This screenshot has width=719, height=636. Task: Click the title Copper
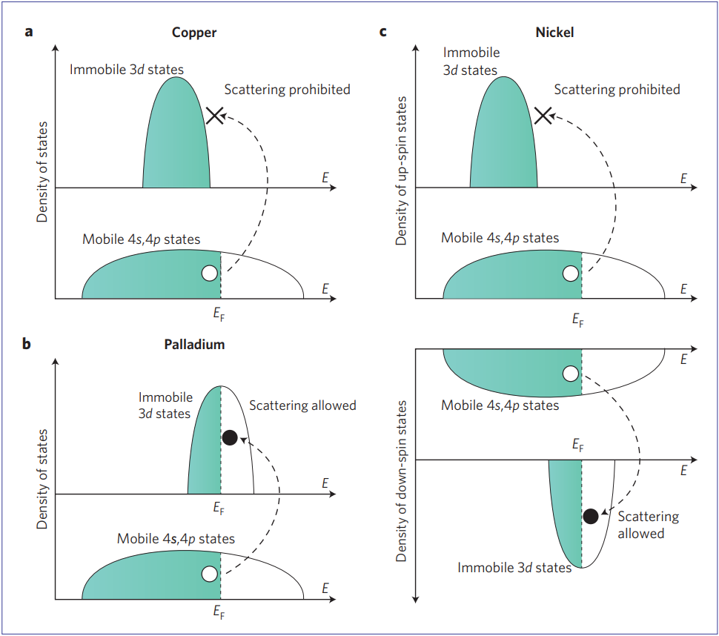[194, 32]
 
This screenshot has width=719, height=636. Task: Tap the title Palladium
[194, 345]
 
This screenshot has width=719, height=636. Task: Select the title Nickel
[554, 32]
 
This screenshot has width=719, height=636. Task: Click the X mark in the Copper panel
[215, 115]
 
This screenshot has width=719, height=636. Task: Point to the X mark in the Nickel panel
[543, 115]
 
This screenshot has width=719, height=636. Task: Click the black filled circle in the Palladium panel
[230, 437]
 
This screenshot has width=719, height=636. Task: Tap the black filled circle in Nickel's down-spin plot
[591, 517]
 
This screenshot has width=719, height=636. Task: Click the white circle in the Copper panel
[209, 274]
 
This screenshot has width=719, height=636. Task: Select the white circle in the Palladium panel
[209, 574]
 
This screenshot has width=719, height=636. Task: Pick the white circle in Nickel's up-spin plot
[570, 274]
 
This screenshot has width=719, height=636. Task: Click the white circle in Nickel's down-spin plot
[570, 374]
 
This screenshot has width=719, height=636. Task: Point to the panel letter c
[383, 32]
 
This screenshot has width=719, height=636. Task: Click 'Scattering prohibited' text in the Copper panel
[287, 90]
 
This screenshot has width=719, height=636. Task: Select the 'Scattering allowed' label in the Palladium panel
[302, 405]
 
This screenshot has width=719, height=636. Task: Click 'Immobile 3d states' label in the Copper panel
[127, 70]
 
